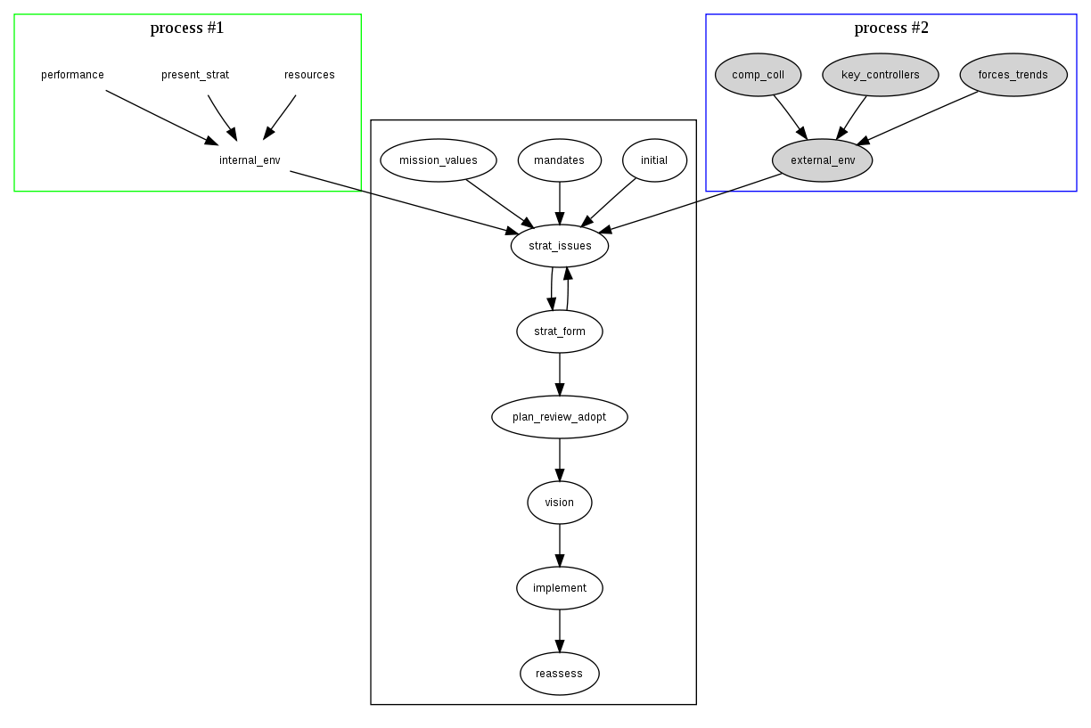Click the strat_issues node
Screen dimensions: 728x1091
coord(560,246)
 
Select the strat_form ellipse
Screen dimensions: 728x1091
coord(560,331)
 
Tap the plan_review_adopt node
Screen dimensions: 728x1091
coord(560,417)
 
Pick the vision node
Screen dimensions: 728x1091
coord(560,503)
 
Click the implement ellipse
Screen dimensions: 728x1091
coord(560,588)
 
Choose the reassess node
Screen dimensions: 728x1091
coord(560,674)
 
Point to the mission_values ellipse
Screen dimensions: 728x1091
coord(439,160)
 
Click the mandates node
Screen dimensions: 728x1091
coord(560,160)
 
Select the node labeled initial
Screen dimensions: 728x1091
coord(654,160)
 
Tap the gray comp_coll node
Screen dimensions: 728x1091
coord(759,75)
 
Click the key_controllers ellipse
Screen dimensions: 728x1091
coord(881,75)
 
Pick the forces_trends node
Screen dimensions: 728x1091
coord(1013,75)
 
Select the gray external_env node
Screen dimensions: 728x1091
coord(823,160)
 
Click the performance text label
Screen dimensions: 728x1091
coord(73,75)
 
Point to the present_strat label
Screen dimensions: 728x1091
coord(195,75)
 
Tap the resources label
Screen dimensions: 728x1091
coord(310,75)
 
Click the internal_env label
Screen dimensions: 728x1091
coord(250,160)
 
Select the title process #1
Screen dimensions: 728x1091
coord(187,28)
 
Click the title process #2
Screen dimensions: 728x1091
coord(891,28)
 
